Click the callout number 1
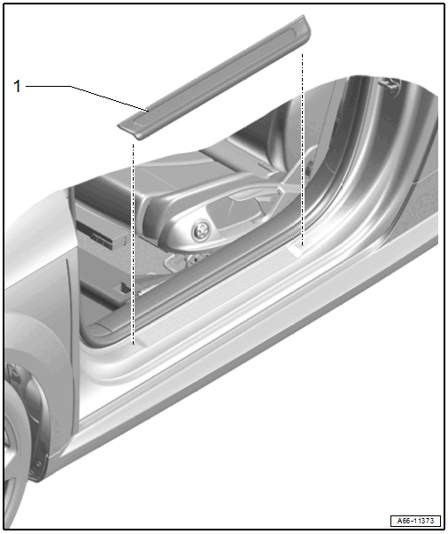tap(17, 86)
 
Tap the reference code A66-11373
tap(415, 521)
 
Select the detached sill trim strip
tap(215, 77)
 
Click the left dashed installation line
tap(134, 244)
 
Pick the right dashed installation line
tap(302, 149)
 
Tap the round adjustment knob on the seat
tap(199, 231)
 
